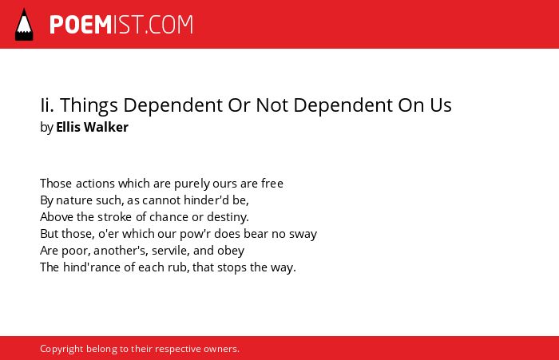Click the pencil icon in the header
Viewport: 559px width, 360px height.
tap(24, 24)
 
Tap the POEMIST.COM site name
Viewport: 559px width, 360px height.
tap(121, 25)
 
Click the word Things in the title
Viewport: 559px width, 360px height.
tap(89, 105)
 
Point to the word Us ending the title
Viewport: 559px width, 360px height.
tap(441, 105)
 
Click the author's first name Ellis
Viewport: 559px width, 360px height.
tap(68, 127)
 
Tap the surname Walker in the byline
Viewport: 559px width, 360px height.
tap(106, 127)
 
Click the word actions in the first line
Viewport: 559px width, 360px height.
tap(95, 184)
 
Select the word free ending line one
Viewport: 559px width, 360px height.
tap(272, 184)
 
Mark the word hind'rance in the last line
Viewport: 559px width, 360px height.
tap(92, 267)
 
